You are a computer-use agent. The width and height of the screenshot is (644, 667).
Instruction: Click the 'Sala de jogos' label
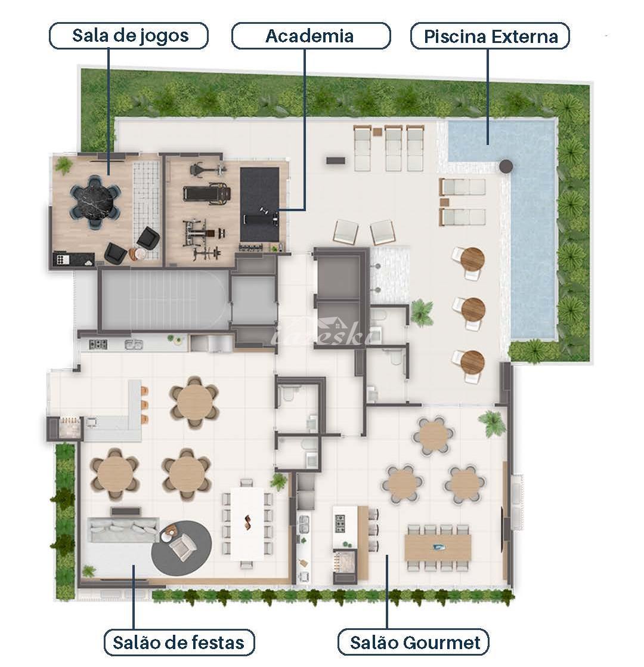click(x=129, y=36)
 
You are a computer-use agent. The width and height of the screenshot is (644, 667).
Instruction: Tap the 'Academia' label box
click(x=311, y=36)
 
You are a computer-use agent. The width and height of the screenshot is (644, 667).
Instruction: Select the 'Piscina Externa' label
click(x=490, y=36)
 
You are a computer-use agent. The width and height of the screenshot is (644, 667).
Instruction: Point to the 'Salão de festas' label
click(x=179, y=643)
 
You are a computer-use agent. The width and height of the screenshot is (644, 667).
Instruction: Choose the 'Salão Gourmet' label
click(x=413, y=643)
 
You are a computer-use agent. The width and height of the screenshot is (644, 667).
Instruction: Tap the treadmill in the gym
click(x=207, y=194)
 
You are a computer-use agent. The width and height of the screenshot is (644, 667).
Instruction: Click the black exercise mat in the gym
click(x=259, y=204)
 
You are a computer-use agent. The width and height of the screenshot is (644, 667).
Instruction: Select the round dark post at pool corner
click(x=506, y=166)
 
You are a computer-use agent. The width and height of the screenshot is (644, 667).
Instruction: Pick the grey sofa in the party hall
click(x=123, y=529)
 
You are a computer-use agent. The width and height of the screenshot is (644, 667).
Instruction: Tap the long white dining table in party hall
click(x=247, y=524)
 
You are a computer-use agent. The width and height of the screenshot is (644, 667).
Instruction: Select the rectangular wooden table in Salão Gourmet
click(x=438, y=547)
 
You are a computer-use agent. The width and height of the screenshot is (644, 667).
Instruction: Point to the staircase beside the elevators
click(x=163, y=300)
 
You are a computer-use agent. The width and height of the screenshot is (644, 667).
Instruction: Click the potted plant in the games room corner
click(x=63, y=165)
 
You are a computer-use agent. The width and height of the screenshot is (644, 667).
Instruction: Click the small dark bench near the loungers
click(x=336, y=160)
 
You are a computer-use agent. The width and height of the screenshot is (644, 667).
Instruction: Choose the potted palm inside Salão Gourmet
click(x=493, y=423)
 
